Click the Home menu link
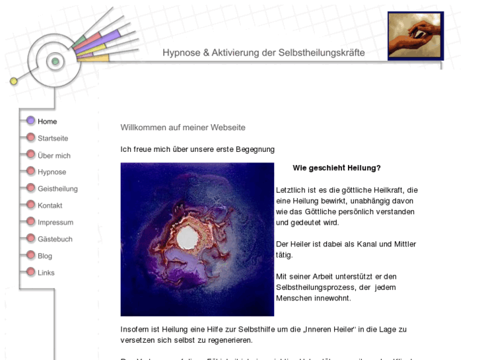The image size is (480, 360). [47, 122]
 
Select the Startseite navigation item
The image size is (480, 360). [53, 139]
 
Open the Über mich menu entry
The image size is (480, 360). [53, 156]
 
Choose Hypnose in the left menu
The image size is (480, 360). [51, 172]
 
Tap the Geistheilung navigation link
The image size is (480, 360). [57, 189]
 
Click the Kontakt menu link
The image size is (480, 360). [50, 205]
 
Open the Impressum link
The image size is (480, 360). [55, 223]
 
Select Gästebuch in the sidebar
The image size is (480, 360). [55, 239]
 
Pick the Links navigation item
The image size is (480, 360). [46, 273]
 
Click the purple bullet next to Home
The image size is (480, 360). [30, 121]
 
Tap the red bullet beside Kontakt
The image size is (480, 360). [30, 205]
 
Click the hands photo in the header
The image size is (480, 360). [415, 36]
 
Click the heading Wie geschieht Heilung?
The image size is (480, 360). [337, 168]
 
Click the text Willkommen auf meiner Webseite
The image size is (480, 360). [183, 127]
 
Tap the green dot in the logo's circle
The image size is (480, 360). [55, 61]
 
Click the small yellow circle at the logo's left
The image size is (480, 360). [14, 81]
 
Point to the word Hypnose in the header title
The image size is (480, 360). [182, 52]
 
